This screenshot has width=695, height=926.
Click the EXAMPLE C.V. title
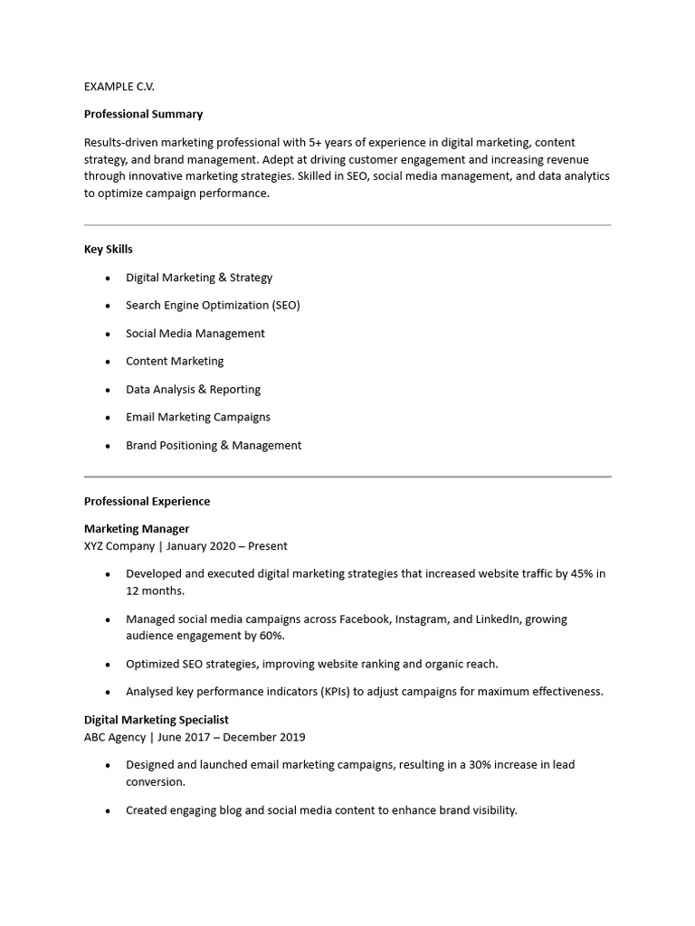[x=119, y=86]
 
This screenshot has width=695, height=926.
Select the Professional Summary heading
[x=143, y=114]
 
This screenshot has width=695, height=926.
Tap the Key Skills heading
[x=109, y=249]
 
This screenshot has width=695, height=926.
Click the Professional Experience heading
[x=147, y=501]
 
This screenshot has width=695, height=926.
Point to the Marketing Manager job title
[x=137, y=528]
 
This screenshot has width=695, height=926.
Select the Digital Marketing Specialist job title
[x=157, y=720]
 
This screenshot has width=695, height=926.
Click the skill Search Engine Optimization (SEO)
[x=213, y=305]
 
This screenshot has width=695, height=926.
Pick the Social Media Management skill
[x=195, y=333]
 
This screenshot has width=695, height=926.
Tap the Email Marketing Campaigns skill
[x=198, y=417]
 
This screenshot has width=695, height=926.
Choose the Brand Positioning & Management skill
[x=214, y=445]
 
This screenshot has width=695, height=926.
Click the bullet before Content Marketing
[x=109, y=362]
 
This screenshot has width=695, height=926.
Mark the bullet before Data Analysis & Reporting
[x=109, y=390]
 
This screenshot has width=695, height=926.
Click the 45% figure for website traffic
[x=582, y=573]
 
